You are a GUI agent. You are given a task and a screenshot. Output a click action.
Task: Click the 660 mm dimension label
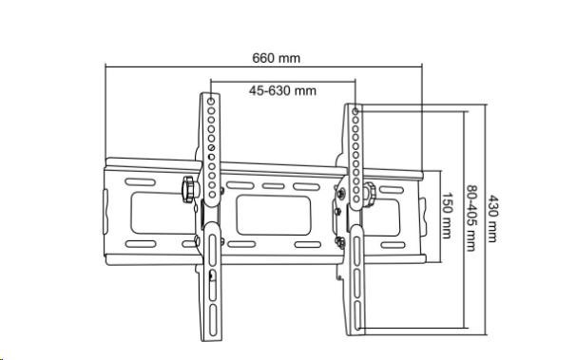[276, 58]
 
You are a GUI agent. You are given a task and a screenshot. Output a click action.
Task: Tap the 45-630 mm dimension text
[282, 90]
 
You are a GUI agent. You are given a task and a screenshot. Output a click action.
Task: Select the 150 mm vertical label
[447, 216]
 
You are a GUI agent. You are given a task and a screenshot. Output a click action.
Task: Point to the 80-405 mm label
[471, 218]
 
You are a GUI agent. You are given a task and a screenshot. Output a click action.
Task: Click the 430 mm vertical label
[492, 218]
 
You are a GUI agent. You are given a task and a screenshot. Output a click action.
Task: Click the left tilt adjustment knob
[188, 189]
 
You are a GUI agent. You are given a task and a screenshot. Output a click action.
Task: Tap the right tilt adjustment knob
[369, 195]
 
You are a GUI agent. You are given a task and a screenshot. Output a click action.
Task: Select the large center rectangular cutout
[274, 215]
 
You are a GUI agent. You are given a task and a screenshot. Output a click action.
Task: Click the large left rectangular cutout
[163, 213]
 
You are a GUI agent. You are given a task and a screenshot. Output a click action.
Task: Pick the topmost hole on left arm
[211, 101]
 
